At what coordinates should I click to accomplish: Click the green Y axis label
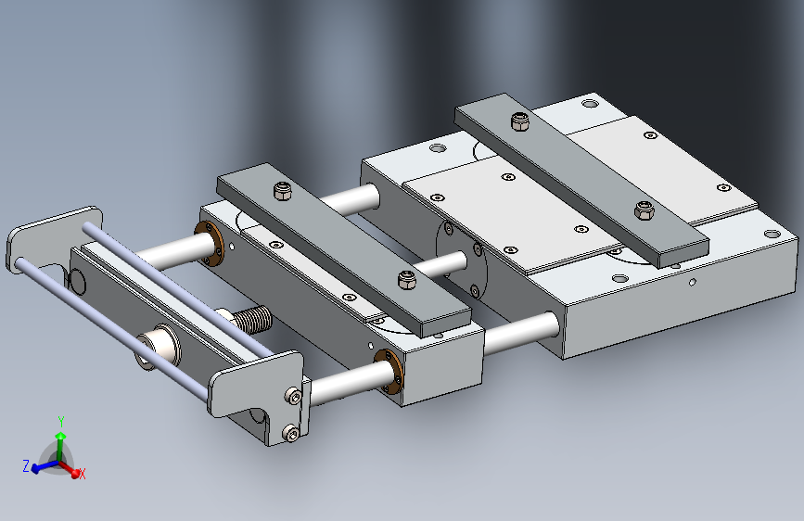61,422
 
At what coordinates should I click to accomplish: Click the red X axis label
82,474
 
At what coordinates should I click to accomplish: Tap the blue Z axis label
26,465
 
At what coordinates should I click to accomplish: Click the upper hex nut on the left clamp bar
283,191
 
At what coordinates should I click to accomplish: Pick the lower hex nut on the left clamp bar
406,280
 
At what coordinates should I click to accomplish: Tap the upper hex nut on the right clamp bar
520,121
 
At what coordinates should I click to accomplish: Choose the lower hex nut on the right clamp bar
644,210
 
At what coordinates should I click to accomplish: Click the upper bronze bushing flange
210,243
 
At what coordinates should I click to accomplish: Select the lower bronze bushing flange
389,371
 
